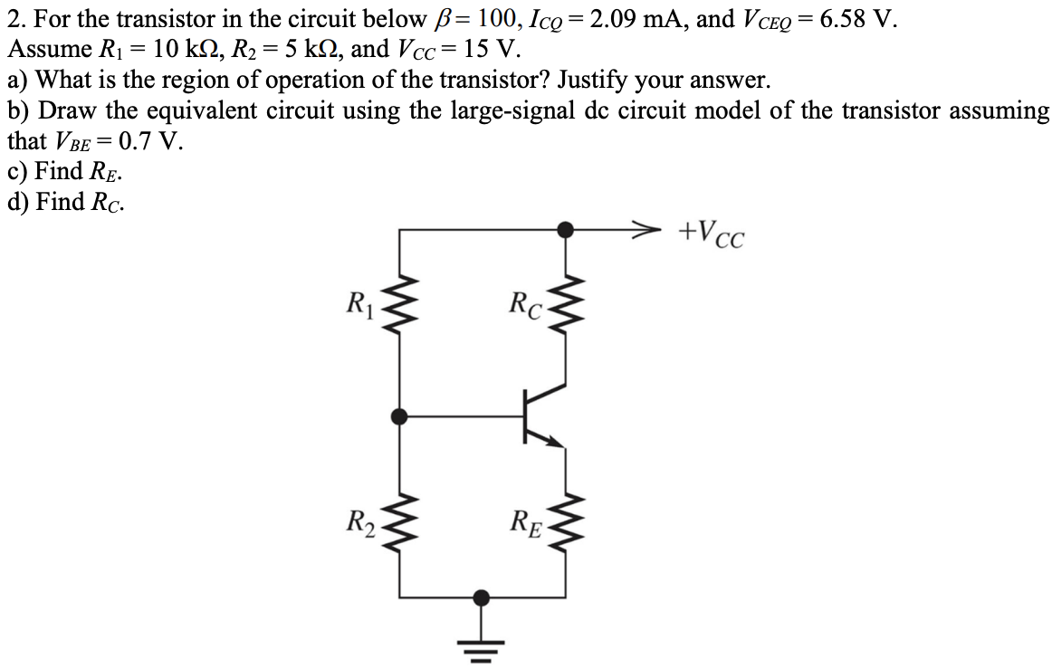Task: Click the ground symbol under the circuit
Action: pyautogui.click(x=482, y=641)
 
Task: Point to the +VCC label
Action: pyautogui.click(x=712, y=234)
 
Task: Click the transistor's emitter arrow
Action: pyautogui.click(x=551, y=439)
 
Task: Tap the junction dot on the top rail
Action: pyautogui.click(x=566, y=230)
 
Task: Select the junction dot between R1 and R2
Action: pyautogui.click(x=399, y=416)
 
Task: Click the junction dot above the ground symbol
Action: pyautogui.click(x=482, y=597)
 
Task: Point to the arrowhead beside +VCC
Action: pyautogui.click(x=644, y=230)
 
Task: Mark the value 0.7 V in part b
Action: pyautogui.click(x=148, y=141)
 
